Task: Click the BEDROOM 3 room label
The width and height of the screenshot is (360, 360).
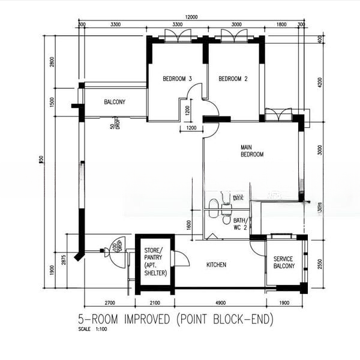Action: click(x=177, y=79)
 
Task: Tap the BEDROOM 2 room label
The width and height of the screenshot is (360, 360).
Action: click(x=233, y=79)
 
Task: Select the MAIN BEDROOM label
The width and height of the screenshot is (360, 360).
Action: click(x=252, y=151)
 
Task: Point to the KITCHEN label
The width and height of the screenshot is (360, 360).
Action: click(x=216, y=265)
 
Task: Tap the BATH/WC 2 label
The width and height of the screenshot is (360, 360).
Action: click(x=240, y=223)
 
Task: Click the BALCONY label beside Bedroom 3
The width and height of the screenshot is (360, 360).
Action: click(x=115, y=102)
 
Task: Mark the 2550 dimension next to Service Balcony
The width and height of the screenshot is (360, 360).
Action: click(x=320, y=263)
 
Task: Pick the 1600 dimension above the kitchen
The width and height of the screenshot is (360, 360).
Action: click(x=188, y=225)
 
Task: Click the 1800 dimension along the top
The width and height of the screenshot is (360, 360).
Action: click(x=281, y=25)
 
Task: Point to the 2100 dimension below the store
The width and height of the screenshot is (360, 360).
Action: click(x=154, y=303)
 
